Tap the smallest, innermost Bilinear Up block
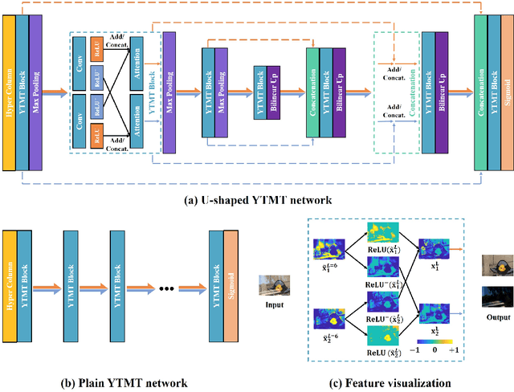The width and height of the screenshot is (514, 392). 273,92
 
